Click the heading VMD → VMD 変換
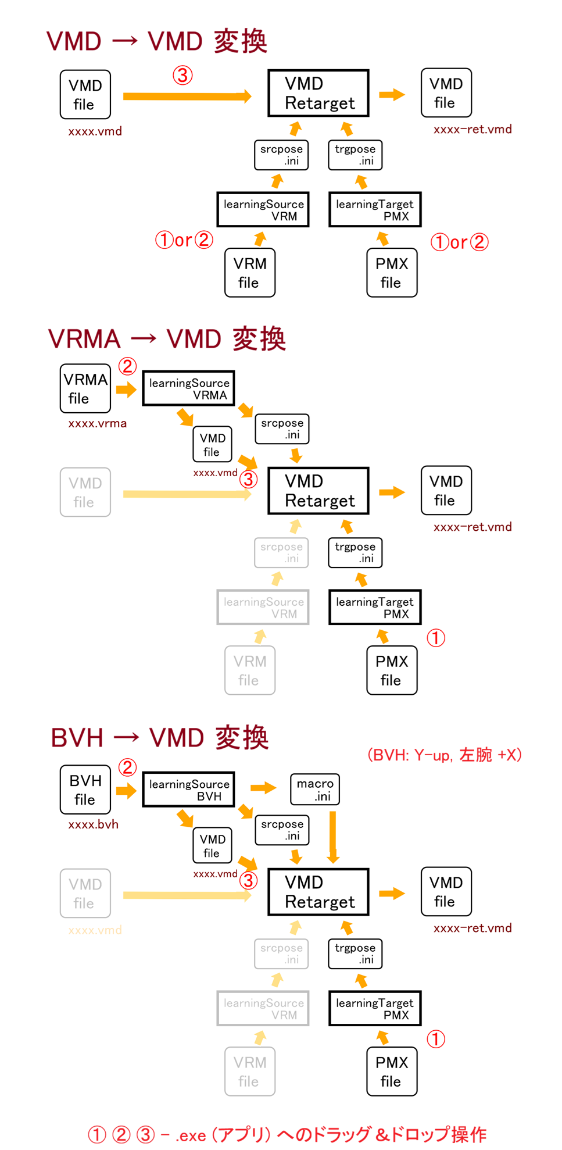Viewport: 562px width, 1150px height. click(157, 42)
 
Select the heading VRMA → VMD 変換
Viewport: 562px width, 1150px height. click(167, 339)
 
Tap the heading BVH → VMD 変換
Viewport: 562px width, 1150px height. click(159, 738)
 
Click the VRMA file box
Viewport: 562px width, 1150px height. click(85, 388)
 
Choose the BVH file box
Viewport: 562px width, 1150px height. click(85, 790)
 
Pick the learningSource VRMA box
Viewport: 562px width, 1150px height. click(189, 388)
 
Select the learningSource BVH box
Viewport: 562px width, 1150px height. click(189, 790)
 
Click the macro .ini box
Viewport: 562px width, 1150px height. click(315, 789)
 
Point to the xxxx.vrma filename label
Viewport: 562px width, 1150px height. click(97, 423)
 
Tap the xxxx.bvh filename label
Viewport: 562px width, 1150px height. click(93, 824)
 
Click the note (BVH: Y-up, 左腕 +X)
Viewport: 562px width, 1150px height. click(445, 755)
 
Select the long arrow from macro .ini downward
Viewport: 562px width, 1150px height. click(333, 837)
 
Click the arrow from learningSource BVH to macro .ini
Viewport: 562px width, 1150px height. click(263, 788)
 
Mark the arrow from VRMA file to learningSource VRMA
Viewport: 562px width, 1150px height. click(126, 390)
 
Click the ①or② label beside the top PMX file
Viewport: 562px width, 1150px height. click(459, 242)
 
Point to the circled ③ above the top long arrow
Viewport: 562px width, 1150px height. click(182, 75)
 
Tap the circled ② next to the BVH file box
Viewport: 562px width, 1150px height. click(128, 767)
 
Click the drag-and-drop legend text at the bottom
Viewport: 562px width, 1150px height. click(287, 1134)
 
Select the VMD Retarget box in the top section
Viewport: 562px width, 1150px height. click(318, 94)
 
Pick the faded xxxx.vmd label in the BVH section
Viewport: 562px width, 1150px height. click(95, 930)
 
